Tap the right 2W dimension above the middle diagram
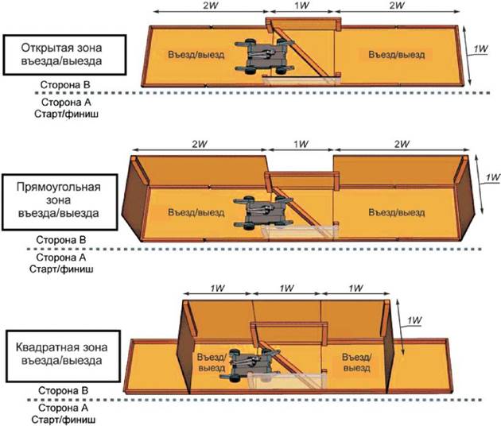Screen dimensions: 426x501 point(400,144)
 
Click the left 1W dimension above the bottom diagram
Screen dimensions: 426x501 point(218,288)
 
